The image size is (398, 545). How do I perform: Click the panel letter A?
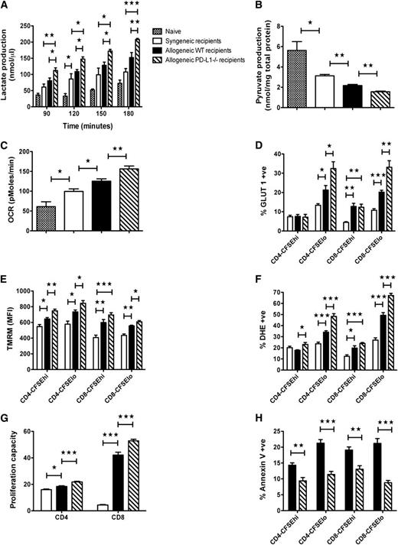pyautogui.click(x=5, y=6)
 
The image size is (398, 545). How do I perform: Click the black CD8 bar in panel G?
pyautogui.click(x=141, y=475)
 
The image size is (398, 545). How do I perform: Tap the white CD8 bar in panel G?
pyautogui.click(x=124, y=505)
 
